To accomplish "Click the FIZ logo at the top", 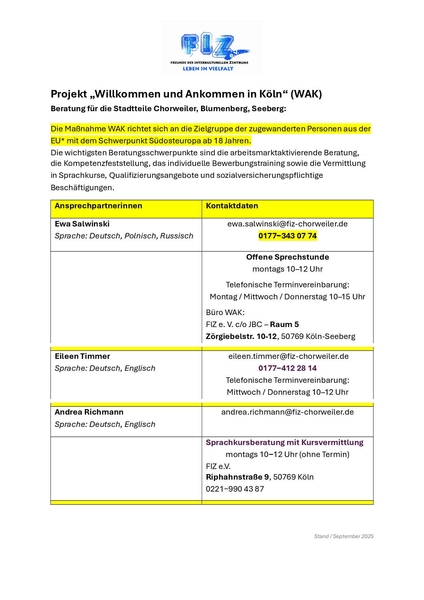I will (x=212, y=49).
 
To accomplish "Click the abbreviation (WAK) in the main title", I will (x=306, y=94).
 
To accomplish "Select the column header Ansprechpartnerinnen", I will (x=98, y=206).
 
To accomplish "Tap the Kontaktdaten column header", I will (x=232, y=206).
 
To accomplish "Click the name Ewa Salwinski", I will (x=82, y=224).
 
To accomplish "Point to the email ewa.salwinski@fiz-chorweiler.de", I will (x=287, y=224).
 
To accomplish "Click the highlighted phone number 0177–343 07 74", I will (x=287, y=236).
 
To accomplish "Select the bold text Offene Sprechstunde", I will (x=287, y=257).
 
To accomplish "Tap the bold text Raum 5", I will (x=284, y=325).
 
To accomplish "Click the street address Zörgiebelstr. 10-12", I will (x=241, y=337).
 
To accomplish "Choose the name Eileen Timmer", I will (x=82, y=356).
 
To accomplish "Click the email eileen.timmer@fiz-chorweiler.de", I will (x=288, y=356).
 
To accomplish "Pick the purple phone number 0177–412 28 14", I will (x=287, y=368).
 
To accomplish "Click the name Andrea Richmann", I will (x=89, y=412).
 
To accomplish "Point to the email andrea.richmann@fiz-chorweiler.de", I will (x=287, y=412).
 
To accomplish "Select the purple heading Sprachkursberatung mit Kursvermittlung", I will (x=284, y=443).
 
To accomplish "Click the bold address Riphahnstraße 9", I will (x=237, y=477).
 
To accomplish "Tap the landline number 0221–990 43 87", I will (x=235, y=489).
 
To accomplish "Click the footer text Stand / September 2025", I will (x=344, y=536).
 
